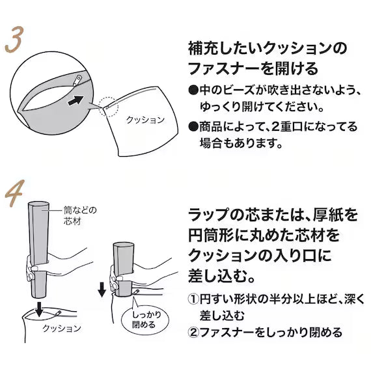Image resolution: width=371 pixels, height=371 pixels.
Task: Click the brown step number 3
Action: (15, 40)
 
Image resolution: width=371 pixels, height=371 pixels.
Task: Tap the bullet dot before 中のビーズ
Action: (193, 90)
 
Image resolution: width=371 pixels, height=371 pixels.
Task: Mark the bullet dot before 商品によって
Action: (193, 125)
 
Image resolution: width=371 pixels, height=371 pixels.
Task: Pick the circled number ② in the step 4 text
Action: (193, 333)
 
